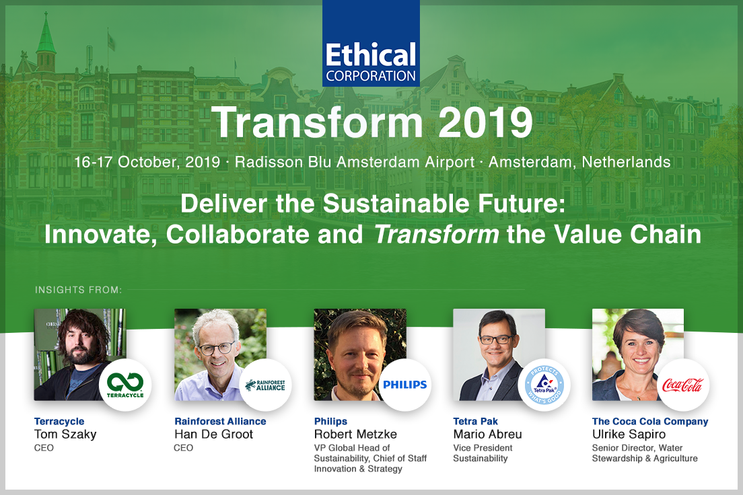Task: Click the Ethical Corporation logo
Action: pos(371,43)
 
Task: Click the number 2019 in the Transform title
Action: pos(486,122)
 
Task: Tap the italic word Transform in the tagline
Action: pos(436,234)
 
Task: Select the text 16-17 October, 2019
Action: pos(147,162)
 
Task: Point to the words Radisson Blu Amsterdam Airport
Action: pos(355,162)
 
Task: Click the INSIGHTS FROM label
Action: pos(78,289)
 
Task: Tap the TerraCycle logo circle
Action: pos(125,385)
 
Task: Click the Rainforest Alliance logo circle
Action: pos(265,385)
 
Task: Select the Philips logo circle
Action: pos(405,385)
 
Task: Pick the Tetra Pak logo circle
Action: pos(544,385)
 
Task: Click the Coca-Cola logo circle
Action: pos(683,385)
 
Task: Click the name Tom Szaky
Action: pos(65,434)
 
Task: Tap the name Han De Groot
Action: pos(214,434)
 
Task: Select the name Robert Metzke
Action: pos(355,434)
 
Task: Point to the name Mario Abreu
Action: pos(487,434)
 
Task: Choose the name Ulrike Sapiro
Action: pos(629,434)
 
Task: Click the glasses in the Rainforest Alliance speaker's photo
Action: pos(217,348)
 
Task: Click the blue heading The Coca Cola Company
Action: pos(650,421)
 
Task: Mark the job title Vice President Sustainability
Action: pos(483,453)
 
